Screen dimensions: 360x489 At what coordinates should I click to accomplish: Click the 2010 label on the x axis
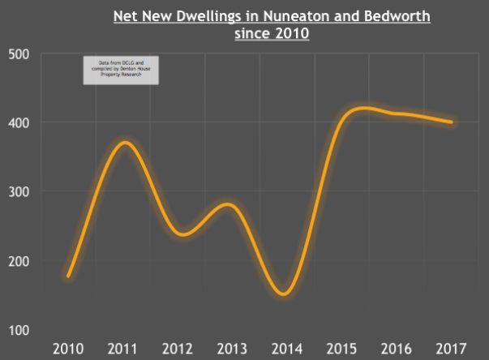[69, 349]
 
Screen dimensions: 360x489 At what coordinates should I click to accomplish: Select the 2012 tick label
[178, 349]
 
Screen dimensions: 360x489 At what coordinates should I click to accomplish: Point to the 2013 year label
[233, 349]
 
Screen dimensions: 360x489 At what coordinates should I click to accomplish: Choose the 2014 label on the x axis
[287, 349]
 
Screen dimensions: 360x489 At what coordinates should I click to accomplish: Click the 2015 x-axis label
[341, 349]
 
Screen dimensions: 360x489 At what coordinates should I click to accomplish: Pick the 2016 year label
[397, 349]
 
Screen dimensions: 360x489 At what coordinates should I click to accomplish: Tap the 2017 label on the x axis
[451, 349]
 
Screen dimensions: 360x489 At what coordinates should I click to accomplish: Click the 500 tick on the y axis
[19, 54]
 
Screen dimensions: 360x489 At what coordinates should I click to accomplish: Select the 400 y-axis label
[19, 123]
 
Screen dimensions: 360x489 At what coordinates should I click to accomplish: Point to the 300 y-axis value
[19, 192]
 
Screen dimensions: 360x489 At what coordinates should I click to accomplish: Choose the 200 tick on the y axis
[19, 261]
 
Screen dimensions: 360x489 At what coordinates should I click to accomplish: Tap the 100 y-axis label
[19, 330]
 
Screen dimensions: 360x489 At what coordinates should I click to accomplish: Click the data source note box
[121, 71]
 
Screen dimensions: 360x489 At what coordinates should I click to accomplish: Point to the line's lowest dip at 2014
[285, 294]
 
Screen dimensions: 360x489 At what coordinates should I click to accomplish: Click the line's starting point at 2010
[69, 276]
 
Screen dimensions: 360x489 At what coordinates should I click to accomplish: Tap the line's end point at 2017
[451, 122]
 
